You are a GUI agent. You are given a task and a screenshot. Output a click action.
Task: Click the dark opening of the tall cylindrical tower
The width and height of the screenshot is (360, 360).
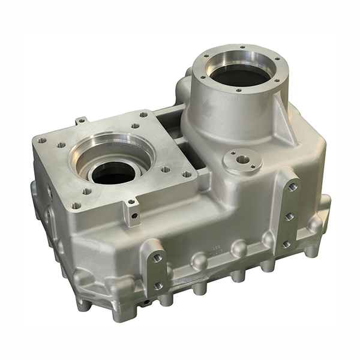point(238,76)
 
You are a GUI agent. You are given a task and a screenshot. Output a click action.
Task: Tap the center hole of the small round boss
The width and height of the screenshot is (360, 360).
point(242,160)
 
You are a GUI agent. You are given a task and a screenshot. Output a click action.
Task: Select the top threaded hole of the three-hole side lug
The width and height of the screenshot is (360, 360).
point(292,187)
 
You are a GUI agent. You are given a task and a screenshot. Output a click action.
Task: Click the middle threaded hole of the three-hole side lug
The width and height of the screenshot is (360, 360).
point(289,216)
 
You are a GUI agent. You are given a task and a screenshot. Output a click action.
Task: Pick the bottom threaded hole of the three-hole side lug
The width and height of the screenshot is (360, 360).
point(286,244)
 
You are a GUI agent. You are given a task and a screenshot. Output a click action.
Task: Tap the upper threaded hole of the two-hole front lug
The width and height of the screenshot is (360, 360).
point(158,258)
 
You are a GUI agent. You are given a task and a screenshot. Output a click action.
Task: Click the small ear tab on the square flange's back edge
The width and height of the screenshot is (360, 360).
point(81,121)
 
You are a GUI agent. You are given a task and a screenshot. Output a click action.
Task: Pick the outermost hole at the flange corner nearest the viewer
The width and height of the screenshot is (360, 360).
point(76,206)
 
